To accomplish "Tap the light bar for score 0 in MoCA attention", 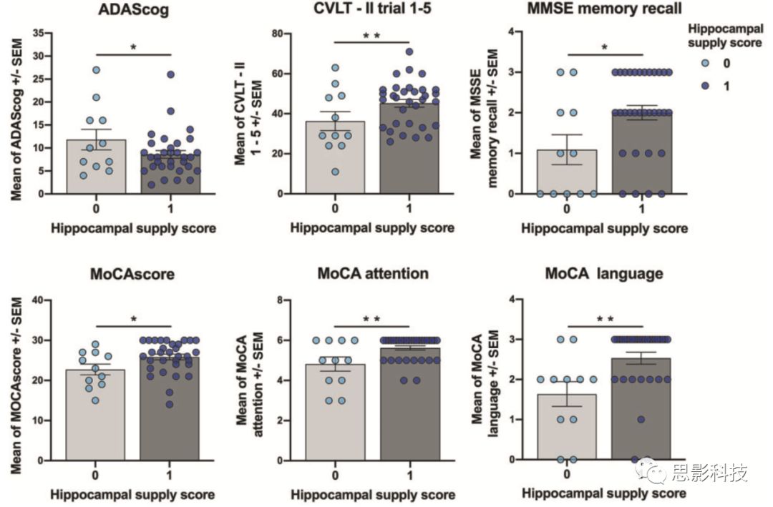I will [x=335, y=415].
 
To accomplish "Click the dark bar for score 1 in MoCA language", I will [x=641, y=415].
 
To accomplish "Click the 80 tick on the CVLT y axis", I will [x=276, y=33].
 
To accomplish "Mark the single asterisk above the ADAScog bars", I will [x=133, y=47].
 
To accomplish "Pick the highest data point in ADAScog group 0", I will [x=96, y=70].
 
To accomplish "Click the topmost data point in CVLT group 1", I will [x=409, y=51].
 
